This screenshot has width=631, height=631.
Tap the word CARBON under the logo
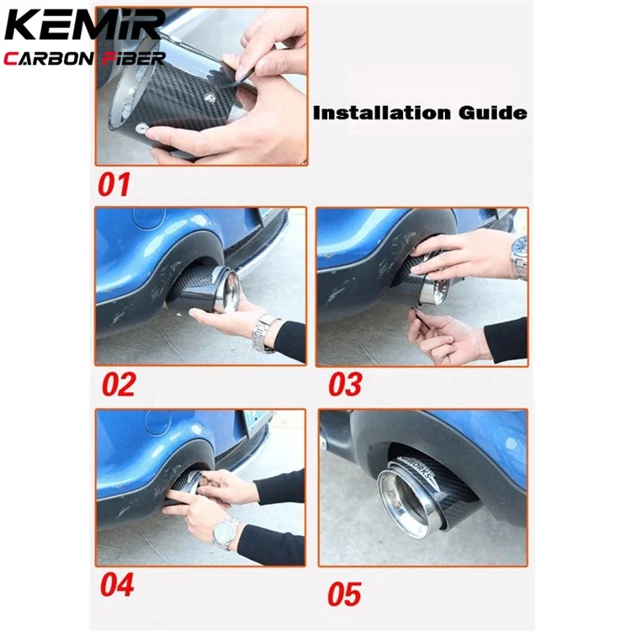(49, 58)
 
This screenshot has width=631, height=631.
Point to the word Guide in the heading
(492, 112)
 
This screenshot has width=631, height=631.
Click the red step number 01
(115, 184)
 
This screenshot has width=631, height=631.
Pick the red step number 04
(119, 582)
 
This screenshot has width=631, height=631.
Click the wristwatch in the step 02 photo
(264, 331)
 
